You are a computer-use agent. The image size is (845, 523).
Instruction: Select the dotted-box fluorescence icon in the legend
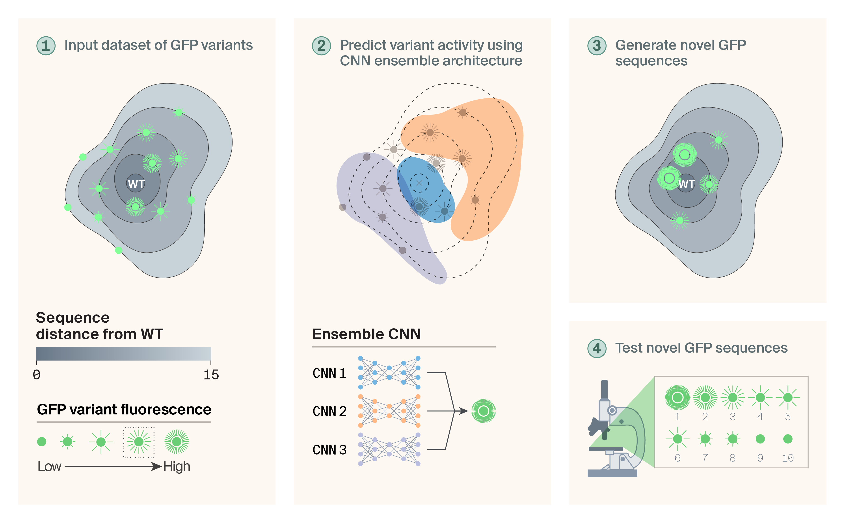(138, 442)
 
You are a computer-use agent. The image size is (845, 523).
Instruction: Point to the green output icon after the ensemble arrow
(483, 411)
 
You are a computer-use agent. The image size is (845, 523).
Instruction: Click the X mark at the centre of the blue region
(419, 183)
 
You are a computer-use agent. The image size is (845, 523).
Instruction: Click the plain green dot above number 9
(760, 439)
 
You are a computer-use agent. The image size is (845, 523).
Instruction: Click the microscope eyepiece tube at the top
(604, 389)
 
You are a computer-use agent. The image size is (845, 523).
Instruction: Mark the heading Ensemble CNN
(366, 334)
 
